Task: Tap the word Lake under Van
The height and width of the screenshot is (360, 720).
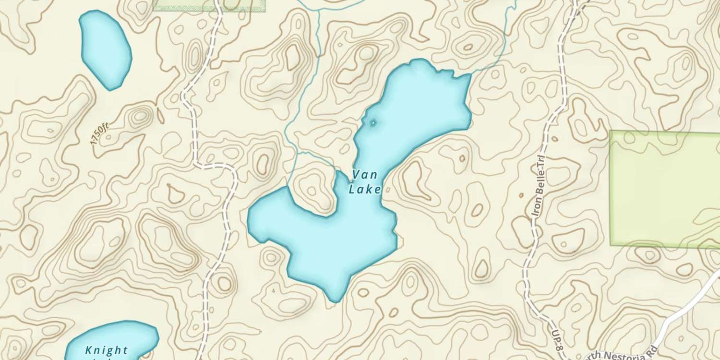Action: [x=365, y=190]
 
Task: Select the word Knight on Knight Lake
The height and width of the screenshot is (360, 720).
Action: [x=107, y=350]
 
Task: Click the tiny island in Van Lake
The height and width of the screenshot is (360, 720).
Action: [x=373, y=123]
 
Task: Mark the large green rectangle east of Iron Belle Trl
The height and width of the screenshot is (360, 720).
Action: [x=665, y=188]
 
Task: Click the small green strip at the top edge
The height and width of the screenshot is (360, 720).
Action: [x=209, y=5]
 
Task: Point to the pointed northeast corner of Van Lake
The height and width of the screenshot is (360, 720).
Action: [x=470, y=76]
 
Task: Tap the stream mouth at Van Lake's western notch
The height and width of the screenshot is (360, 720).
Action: [x=289, y=187]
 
